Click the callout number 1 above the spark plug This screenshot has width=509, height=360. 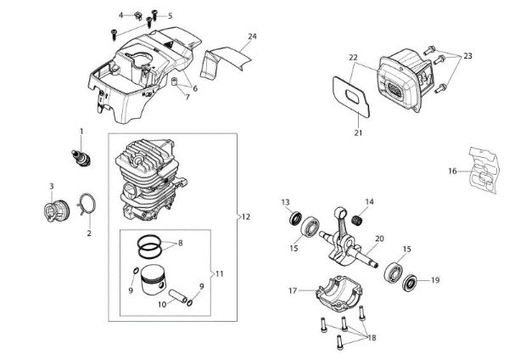(x=81, y=130)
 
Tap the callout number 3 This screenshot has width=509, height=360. (x=51, y=186)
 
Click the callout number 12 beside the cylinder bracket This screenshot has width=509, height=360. (x=246, y=217)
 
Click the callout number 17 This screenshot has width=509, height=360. (x=292, y=290)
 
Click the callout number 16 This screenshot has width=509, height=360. (x=453, y=171)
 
